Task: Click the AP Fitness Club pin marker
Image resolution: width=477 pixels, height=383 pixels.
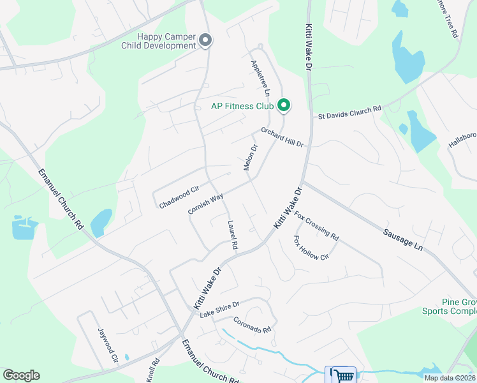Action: point(284,105)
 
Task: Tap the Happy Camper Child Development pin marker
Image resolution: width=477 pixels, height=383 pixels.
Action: point(205,41)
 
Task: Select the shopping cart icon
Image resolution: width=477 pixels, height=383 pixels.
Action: point(341,375)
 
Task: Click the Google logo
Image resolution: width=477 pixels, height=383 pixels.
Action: point(21,375)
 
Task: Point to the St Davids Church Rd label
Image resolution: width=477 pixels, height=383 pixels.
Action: point(349,112)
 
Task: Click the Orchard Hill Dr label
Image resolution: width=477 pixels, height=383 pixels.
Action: point(282,137)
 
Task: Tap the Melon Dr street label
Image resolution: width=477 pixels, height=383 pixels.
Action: point(250,158)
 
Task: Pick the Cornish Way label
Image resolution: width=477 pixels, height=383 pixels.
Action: point(205,204)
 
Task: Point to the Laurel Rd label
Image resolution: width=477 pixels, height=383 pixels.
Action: point(233,235)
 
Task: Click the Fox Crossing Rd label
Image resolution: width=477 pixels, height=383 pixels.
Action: point(317,227)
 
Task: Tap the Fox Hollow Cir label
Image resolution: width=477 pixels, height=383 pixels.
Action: point(311,248)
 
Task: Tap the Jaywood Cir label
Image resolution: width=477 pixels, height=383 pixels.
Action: point(108,345)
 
